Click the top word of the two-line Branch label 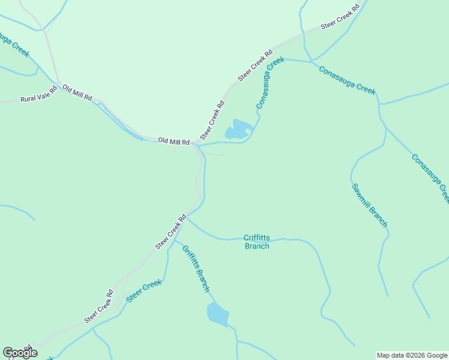point(256,238)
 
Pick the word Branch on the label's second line point(256,246)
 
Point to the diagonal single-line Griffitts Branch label point(196,268)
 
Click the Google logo point(20,353)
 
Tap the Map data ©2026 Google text point(412,355)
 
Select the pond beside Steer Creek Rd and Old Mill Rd point(238,130)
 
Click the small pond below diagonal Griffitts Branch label point(217,314)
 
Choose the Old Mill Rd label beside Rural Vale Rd point(77,93)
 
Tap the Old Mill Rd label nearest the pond point(173,141)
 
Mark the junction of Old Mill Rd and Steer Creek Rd point(196,144)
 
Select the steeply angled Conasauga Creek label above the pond point(270,83)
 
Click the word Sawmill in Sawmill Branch point(363,194)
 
